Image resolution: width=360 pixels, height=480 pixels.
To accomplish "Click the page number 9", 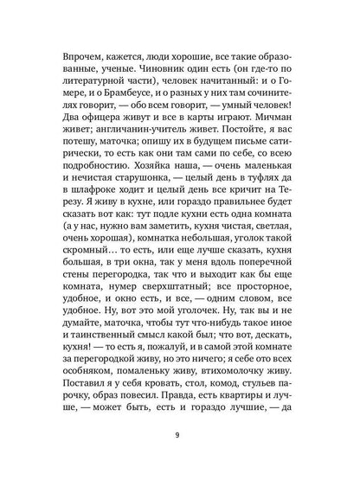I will coord(179,449).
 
